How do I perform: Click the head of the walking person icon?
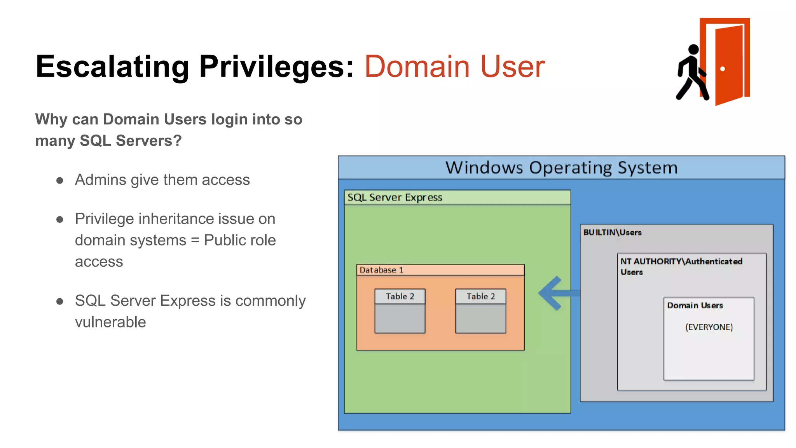click(x=693, y=49)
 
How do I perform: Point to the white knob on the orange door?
click(x=723, y=69)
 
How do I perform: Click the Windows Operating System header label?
click(x=561, y=168)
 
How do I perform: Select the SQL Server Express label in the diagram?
click(x=395, y=198)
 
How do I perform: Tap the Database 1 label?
click(x=381, y=270)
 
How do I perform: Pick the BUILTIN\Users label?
click(x=612, y=233)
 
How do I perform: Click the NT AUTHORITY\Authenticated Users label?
click(x=681, y=266)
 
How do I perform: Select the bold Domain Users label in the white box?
click(x=695, y=306)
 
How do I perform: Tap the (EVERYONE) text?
click(x=709, y=327)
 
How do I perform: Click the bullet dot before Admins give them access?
click(x=59, y=180)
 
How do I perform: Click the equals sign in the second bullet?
click(x=195, y=240)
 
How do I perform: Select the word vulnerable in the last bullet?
click(x=110, y=322)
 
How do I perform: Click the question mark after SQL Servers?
click(x=178, y=141)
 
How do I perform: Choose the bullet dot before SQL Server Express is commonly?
click(x=59, y=301)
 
